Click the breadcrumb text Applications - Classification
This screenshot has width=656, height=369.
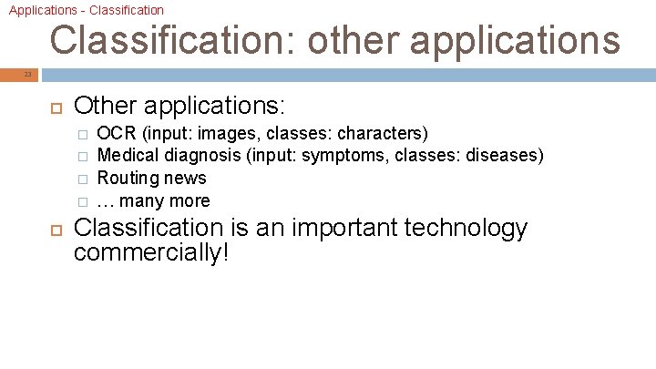pyautogui.click(x=87, y=10)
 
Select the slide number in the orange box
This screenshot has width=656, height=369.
pyautogui.click(x=27, y=74)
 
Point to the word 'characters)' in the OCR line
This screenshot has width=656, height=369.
pyautogui.click(x=383, y=134)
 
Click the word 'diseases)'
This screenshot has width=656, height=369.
pyautogui.click(x=505, y=156)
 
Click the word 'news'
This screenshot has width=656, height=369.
pyautogui.click(x=186, y=179)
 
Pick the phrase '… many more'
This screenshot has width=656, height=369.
pyautogui.click(x=153, y=200)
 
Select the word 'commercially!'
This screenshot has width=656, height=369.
pyautogui.click(x=151, y=252)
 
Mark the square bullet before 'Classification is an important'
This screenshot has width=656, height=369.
pyautogui.click(x=53, y=228)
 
